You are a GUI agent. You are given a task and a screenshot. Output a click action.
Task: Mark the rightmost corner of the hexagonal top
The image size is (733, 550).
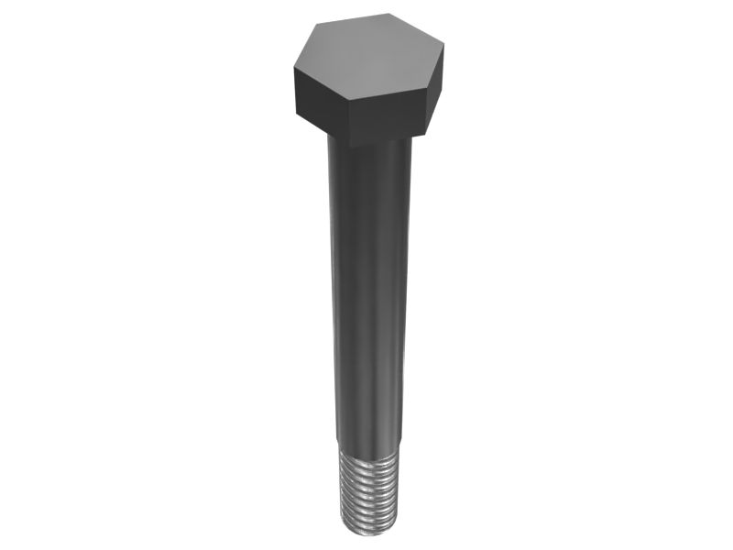(444, 46)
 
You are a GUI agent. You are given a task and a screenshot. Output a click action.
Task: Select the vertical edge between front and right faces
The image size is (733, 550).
(427, 113)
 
